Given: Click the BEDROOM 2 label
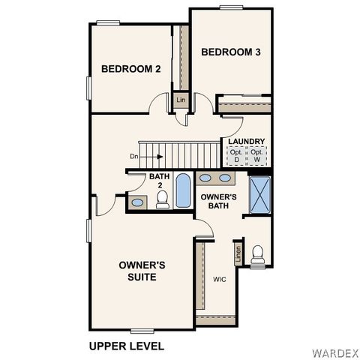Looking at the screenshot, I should [x=131, y=69].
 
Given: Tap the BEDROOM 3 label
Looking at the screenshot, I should [x=231, y=52].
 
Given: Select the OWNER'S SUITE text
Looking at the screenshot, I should [x=142, y=271].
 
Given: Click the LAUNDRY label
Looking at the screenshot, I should [x=246, y=141].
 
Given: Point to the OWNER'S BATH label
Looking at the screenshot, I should [x=219, y=200].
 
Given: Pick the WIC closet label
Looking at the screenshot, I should [x=219, y=279].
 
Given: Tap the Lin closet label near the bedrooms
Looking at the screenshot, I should [x=181, y=99].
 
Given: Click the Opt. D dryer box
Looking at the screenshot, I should [x=237, y=156].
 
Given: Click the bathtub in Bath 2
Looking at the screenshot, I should [x=183, y=191].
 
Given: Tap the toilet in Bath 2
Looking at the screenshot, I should [x=162, y=199].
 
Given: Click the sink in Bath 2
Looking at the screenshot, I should [x=137, y=202].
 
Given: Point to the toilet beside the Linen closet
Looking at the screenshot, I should [x=258, y=254].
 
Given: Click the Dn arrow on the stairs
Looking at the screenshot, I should [x=147, y=157].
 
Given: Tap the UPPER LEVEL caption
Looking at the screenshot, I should [x=126, y=346].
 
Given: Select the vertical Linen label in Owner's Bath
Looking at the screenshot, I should [x=238, y=253].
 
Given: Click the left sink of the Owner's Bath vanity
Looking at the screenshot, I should [x=206, y=178].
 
